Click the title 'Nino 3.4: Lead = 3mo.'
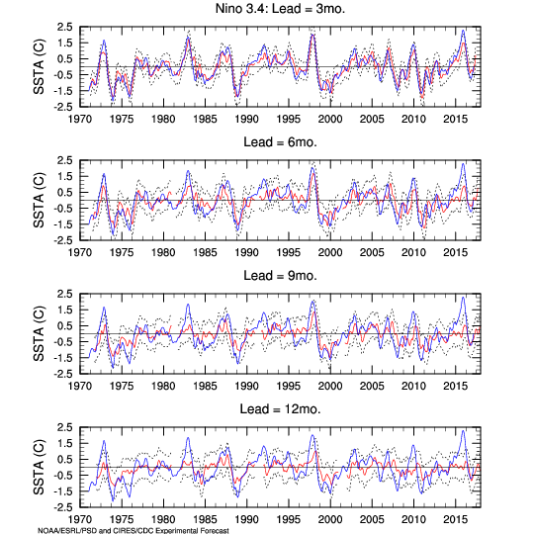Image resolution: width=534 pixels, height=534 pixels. coord(280,8)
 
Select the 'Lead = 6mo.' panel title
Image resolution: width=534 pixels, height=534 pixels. coord(280,141)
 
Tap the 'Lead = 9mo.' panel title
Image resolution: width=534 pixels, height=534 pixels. coord(280,275)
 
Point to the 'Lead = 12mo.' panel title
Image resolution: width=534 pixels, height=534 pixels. coord(280,408)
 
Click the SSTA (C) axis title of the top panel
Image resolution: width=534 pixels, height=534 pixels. coord(39,67)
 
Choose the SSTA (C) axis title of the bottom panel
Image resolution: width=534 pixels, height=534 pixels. coord(39,467)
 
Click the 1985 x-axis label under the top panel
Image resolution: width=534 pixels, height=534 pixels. coord(205,120)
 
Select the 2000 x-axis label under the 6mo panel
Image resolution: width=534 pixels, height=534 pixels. coord(330,253)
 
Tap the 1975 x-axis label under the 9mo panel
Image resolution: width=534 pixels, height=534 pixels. coord(122,387)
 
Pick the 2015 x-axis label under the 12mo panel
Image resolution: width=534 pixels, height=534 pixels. coord(455,520)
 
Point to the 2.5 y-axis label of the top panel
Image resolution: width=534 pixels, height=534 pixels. coord(65,27)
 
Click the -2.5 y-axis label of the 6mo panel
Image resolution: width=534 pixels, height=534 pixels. coord(63,240)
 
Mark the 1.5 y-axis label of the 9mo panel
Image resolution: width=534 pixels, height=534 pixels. coord(65,310)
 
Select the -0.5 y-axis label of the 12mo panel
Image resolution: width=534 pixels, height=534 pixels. coord(63,476)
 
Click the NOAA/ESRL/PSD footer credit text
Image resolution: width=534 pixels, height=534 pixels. coord(133,530)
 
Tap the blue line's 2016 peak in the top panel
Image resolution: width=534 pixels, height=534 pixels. coord(463,31)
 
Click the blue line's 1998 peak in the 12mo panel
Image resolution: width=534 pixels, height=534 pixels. coord(312,435)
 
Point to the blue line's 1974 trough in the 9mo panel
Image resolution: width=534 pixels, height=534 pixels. coord(113,368)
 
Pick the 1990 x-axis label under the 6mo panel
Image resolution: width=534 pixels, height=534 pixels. coord(246,253)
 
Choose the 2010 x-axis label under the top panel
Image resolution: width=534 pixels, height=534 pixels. coord(413,120)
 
